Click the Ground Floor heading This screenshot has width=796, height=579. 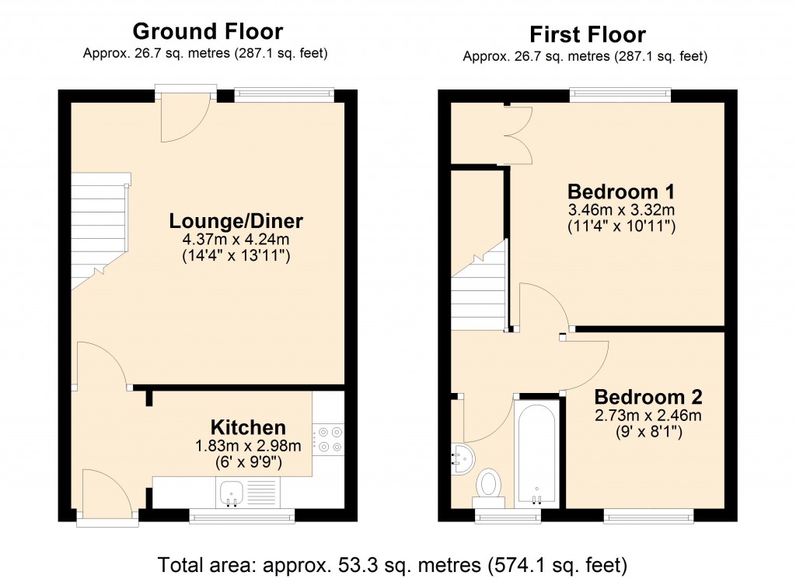click(x=208, y=31)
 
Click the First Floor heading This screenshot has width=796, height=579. click(x=587, y=34)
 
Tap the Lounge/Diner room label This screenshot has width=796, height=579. click(x=236, y=221)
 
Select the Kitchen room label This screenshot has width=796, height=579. click(x=248, y=427)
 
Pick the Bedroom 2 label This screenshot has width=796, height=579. click(x=648, y=397)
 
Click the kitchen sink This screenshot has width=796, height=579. click(x=232, y=493)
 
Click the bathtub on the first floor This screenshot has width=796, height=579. click(x=536, y=453)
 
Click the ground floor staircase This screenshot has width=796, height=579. click(x=99, y=231)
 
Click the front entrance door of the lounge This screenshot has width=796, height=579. click(x=185, y=118)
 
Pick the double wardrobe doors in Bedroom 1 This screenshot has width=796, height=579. click(x=517, y=135)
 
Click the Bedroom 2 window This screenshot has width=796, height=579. click(x=648, y=516)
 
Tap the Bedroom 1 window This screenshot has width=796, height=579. click(x=620, y=95)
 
